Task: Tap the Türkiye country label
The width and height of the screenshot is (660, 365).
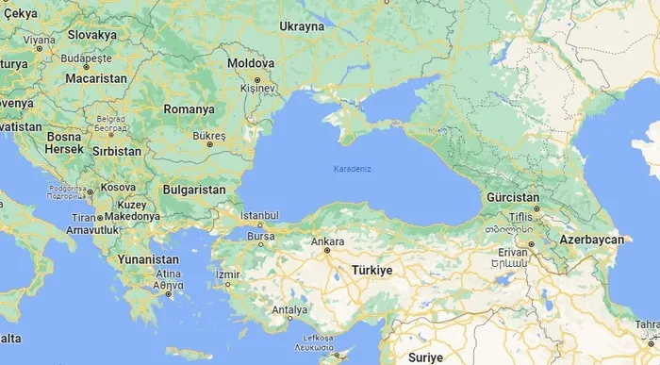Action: tap(371, 270)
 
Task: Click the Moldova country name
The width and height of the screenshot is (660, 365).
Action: tap(250, 63)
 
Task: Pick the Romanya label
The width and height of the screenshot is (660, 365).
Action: tap(189, 109)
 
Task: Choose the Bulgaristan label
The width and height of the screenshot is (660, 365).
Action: tap(194, 190)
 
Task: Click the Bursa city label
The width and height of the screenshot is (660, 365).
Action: tap(261, 235)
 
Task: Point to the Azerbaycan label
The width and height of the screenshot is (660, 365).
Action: tap(591, 241)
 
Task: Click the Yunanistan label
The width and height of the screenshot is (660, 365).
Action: tap(148, 258)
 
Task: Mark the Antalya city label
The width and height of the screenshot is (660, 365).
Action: tap(289, 309)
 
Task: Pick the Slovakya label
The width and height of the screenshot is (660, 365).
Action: tap(91, 35)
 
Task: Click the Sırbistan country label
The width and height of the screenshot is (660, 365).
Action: tap(118, 151)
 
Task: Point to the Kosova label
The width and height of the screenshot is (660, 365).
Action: tap(119, 187)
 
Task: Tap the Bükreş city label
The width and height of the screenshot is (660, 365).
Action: tap(208, 136)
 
